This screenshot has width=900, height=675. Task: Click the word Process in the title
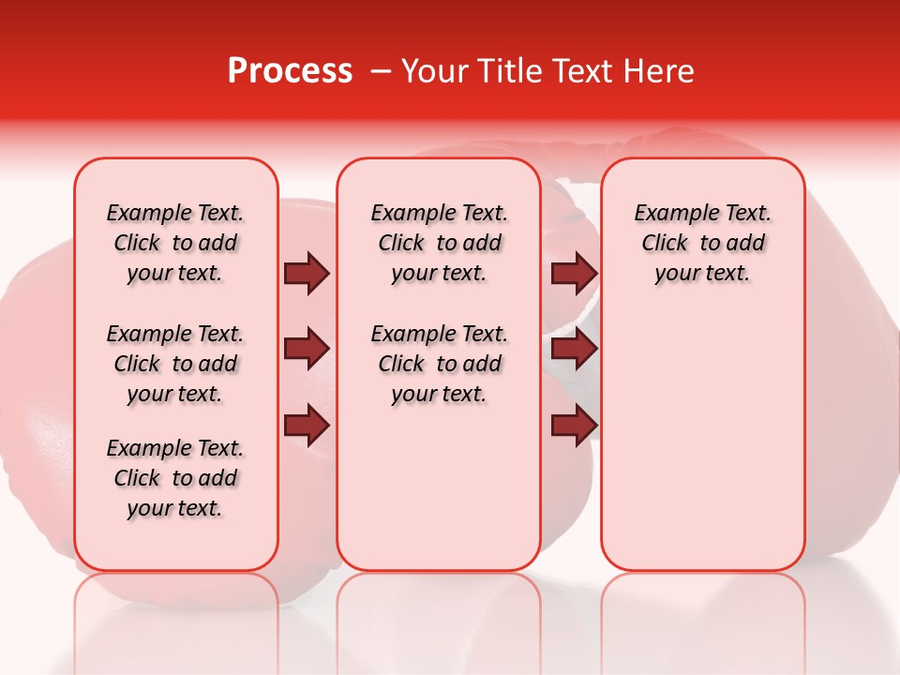(290, 71)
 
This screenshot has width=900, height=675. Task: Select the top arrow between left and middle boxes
(307, 273)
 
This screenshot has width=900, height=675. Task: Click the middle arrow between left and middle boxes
(307, 350)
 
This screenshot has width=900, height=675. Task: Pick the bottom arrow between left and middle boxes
(307, 426)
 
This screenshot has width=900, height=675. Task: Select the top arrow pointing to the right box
(574, 273)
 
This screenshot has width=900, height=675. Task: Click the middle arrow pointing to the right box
(574, 350)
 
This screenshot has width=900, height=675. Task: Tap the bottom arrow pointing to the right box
(574, 426)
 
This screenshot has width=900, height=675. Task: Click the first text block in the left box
(175, 243)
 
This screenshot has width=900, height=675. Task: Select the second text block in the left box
(175, 364)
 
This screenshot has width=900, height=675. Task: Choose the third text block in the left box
(175, 478)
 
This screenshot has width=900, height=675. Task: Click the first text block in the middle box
(439, 243)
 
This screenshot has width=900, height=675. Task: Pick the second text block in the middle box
(439, 364)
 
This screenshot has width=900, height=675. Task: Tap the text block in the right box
(702, 243)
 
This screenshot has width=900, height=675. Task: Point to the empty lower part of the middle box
(439, 487)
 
